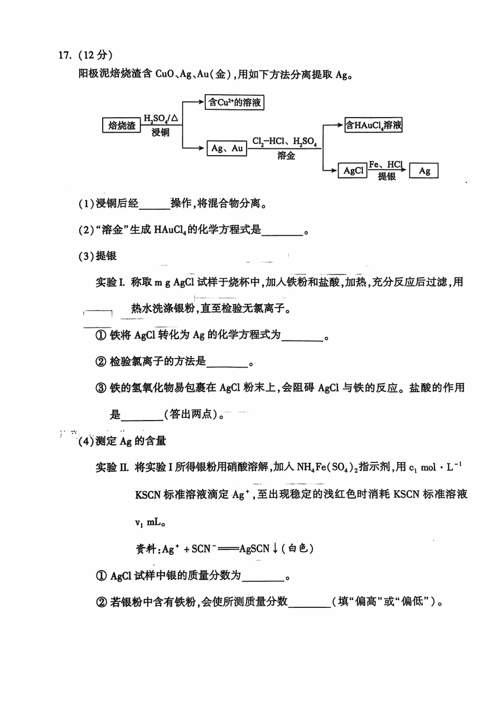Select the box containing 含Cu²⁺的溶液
coord(234,102)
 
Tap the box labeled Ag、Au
coord(227,148)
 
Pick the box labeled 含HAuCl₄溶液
coord(374,125)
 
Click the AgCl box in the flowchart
coord(353,171)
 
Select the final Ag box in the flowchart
coord(424,171)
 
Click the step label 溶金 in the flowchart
coord(286,157)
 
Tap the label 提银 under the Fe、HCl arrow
coord(387,177)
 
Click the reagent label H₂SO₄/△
coord(161,118)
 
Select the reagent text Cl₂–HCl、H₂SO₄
coord(285,142)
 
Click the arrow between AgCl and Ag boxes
coord(388,171)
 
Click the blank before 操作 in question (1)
coord(154,204)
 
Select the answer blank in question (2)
coord(282,230)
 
